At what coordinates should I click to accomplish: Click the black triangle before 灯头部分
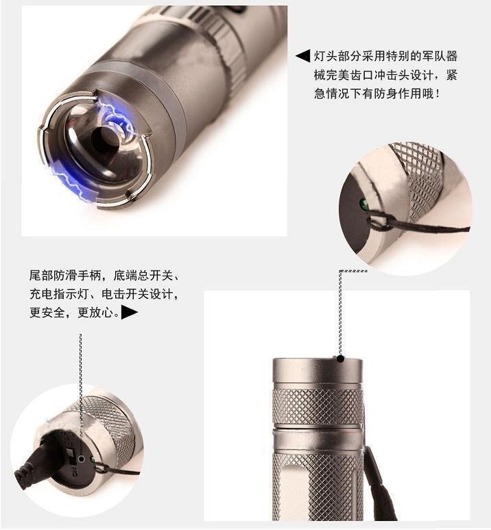tap(302, 56)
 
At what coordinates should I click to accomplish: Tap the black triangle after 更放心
tap(130, 313)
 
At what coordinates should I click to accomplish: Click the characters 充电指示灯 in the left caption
tap(60, 295)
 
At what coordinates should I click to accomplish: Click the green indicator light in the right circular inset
tap(364, 204)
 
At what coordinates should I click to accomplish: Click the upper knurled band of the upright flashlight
tap(317, 406)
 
